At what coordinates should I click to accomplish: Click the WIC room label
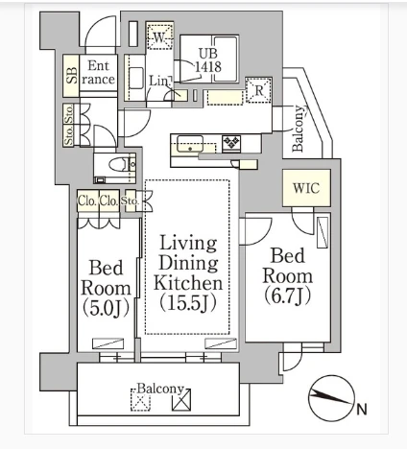click(x=306, y=188)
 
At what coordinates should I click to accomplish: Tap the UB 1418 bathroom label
click(x=208, y=60)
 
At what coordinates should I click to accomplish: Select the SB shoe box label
click(x=71, y=76)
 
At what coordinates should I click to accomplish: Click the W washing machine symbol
click(x=159, y=35)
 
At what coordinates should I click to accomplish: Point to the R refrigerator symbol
click(x=259, y=90)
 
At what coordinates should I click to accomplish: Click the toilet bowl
click(x=118, y=164)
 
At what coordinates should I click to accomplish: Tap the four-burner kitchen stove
click(x=231, y=143)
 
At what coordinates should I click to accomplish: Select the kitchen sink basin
click(x=190, y=144)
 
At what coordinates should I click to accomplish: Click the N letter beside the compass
click(x=362, y=410)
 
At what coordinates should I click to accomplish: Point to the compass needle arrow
click(x=329, y=397)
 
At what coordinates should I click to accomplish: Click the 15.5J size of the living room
click(x=188, y=302)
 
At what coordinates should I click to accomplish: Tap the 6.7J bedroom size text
click(x=287, y=295)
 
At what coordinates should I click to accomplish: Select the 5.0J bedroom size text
click(x=106, y=308)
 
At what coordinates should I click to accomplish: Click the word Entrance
click(x=98, y=73)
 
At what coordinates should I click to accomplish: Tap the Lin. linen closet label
click(x=159, y=81)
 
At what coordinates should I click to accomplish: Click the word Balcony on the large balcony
click(x=160, y=389)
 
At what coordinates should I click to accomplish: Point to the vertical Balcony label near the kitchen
click(x=299, y=129)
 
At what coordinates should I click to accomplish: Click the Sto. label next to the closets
click(x=131, y=201)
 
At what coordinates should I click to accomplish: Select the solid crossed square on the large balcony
click(x=181, y=400)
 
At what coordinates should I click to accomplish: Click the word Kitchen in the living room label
click(x=188, y=283)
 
